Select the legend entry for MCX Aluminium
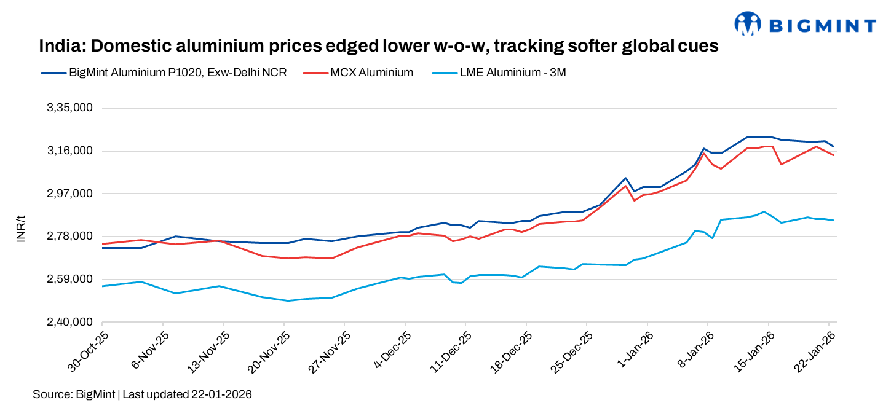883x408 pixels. [x=371, y=73]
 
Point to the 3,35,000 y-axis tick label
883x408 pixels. [x=69, y=108]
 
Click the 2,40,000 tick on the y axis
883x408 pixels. [x=69, y=322]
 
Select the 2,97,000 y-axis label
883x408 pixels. [x=69, y=194]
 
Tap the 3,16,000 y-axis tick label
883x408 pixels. [x=69, y=151]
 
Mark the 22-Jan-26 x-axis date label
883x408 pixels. [x=815, y=351]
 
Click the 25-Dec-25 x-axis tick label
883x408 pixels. [x=572, y=351]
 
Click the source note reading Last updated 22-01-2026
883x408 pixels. [x=187, y=394]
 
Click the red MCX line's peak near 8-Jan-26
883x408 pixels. [x=704, y=153]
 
